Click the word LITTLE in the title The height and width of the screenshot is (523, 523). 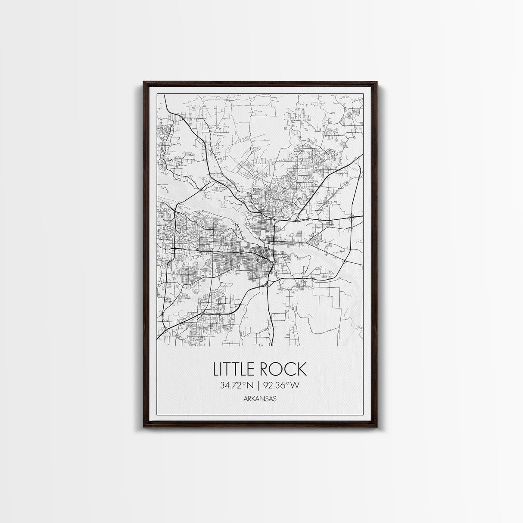tap(235, 370)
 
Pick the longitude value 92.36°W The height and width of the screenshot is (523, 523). tap(282, 386)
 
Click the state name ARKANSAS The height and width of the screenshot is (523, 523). tap(260, 399)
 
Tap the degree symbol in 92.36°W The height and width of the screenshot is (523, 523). tap(290, 383)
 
